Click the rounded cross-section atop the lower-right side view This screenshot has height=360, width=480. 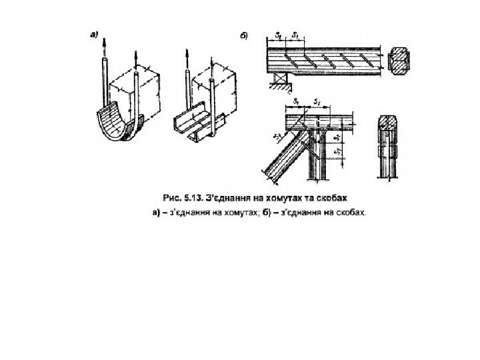click(389, 123)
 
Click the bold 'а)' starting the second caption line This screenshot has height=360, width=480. click(154, 214)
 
